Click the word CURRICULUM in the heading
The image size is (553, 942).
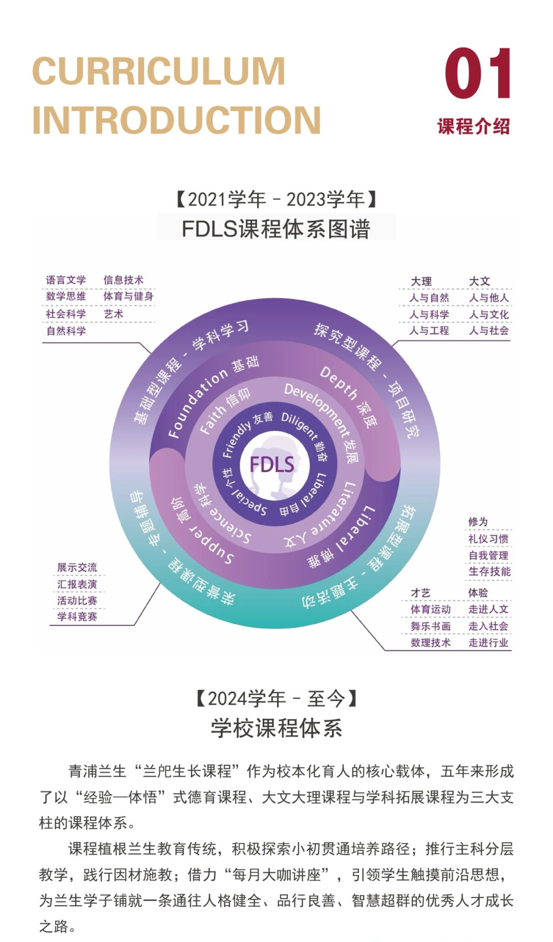(159, 72)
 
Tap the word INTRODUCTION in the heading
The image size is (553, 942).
(177, 120)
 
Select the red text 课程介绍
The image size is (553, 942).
(474, 126)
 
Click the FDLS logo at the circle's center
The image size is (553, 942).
(271, 465)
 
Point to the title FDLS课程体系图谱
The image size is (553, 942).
(276, 229)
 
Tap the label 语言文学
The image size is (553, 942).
(66, 280)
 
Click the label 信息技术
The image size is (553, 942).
(123, 280)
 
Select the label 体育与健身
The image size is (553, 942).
(128, 296)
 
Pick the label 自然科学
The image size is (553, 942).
(66, 331)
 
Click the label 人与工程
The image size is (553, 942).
(429, 331)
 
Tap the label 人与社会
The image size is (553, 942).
(489, 331)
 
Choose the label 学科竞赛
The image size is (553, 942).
(77, 616)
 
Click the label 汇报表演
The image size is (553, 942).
(77, 584)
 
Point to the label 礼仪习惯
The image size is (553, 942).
(488, 539)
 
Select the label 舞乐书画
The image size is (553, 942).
(430, 626)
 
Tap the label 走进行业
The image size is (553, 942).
(488, 643)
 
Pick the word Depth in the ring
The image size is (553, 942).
(338, 382)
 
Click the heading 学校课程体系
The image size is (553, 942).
(276, 728)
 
